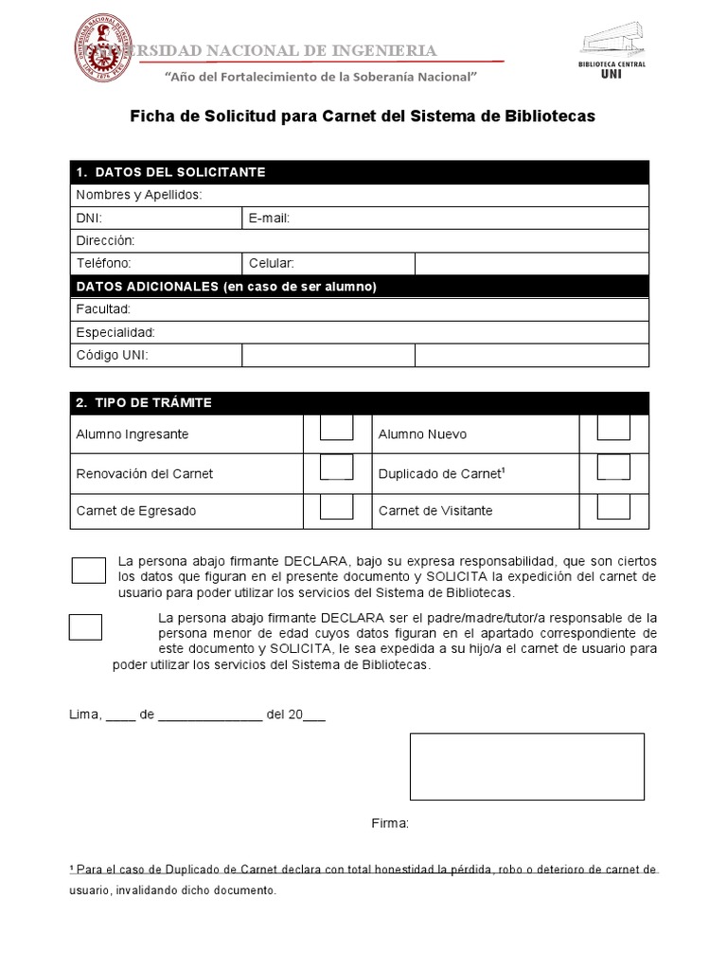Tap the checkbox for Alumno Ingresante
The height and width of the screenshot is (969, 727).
(x=336, y=428)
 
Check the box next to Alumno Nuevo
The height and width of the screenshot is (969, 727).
(x=613, y=428)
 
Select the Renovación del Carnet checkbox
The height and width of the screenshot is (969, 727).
(x=336, y=467)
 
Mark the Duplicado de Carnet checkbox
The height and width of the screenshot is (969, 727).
(x=613, y=467)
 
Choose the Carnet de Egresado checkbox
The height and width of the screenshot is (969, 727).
(x=336, y=506)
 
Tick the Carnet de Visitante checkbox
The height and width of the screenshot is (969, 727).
(x=613, y=506)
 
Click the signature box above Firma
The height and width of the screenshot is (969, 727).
(x=526, y=766)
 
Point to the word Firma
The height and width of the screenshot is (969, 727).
(x=389, y=824)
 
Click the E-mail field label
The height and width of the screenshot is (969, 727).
(x=269, y=218)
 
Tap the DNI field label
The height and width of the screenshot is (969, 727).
(x=88, y=218)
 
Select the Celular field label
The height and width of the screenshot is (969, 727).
(x=272, y=263)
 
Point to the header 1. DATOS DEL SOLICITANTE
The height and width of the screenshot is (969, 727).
(x=170, y=172)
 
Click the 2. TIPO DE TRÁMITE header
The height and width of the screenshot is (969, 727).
(x=144, y=403)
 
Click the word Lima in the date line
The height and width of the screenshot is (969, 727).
(x=85, y=714)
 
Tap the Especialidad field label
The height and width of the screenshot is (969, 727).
(x=115, y=332)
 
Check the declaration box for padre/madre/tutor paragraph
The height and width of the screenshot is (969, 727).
(x=86, y=626)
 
